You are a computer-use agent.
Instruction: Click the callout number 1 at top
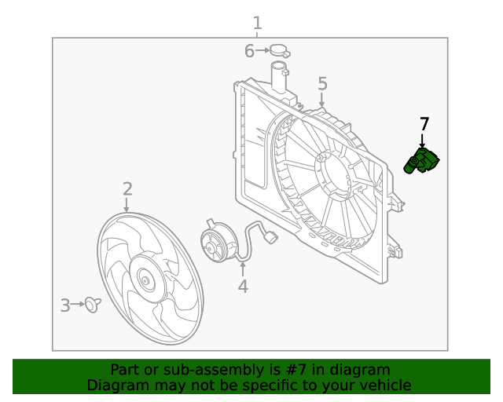click(x=257, y=23)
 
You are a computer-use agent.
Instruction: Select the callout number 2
click(x=127, y=188)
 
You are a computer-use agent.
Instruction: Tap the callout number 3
click(x=65, y=305)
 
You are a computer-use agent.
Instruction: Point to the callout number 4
click(x=243, y=287)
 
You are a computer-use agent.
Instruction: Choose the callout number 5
click(x=322, y=84)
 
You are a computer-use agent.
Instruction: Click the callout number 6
click(x=249, y=52)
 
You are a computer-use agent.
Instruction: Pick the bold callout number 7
click(x=424, y=124)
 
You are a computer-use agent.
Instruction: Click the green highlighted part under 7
click(x=423, y=161)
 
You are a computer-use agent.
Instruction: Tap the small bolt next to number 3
click(x=94, y=305)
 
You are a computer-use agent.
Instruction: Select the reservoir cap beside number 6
click(x=280, y=53)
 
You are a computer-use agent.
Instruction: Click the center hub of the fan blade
click(x=145, y=279)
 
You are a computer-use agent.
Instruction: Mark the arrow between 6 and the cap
click(x=263, y=52)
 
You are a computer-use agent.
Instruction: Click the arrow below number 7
click(x=423, y=140)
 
